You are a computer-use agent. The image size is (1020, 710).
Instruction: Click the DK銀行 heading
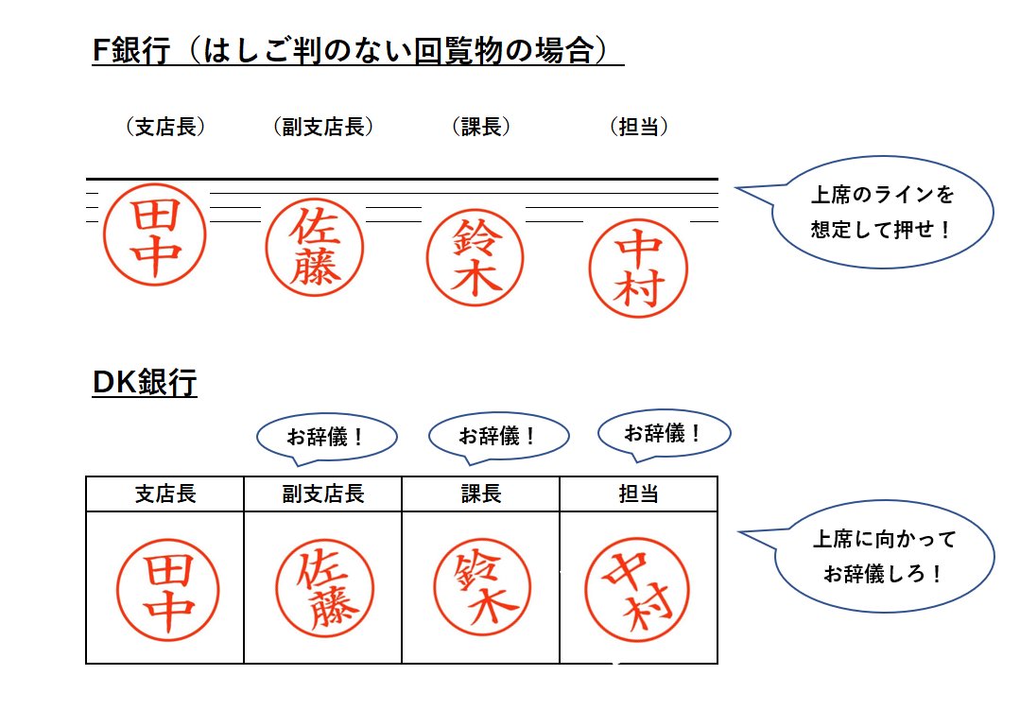coord(145,382)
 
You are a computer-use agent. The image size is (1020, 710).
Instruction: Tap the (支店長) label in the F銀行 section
coord(165,127)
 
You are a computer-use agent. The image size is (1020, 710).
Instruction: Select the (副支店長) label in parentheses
coord(323,127)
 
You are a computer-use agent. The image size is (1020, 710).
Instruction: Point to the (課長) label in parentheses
coord(481,127)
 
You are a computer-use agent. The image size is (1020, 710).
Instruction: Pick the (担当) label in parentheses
coord(639,127)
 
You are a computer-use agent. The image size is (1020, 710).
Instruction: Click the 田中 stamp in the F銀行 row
coord(155,234)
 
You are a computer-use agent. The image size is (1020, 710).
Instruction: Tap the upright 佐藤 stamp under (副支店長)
coord(315,248)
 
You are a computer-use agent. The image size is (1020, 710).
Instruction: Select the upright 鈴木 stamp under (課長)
coord(475,257)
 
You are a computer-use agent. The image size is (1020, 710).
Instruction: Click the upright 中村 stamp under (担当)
coord(638,268)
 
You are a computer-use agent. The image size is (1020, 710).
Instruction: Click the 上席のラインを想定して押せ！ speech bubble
coord(872,212)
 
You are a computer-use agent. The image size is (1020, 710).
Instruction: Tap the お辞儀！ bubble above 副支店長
coord(326,439)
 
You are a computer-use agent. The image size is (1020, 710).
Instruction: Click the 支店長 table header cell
coord(165,494)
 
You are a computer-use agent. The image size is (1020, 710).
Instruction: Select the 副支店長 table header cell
coord(323,494)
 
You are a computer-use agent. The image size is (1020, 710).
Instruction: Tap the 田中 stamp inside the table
coord(168,590)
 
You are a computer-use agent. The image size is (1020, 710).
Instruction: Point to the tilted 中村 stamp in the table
coord(637,590)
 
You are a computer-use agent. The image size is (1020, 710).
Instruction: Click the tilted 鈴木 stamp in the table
coord(482,588)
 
